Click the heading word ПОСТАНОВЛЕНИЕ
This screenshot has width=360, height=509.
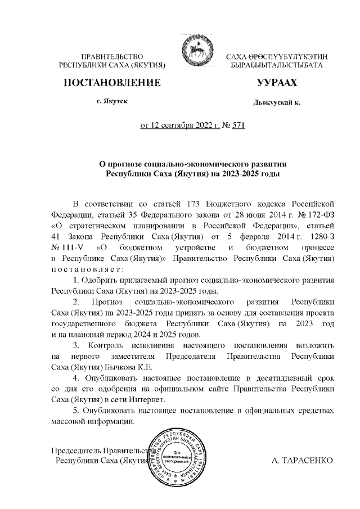[x=114, y=83]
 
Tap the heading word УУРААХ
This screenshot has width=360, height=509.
[x=276, y=83]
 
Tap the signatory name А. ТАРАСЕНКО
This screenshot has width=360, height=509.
[x=302, y=460]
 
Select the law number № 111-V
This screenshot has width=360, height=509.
[x=66, y=246]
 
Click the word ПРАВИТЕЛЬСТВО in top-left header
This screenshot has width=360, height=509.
[x=113, y=57]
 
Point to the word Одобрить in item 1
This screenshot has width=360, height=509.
[x=103, y=280]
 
